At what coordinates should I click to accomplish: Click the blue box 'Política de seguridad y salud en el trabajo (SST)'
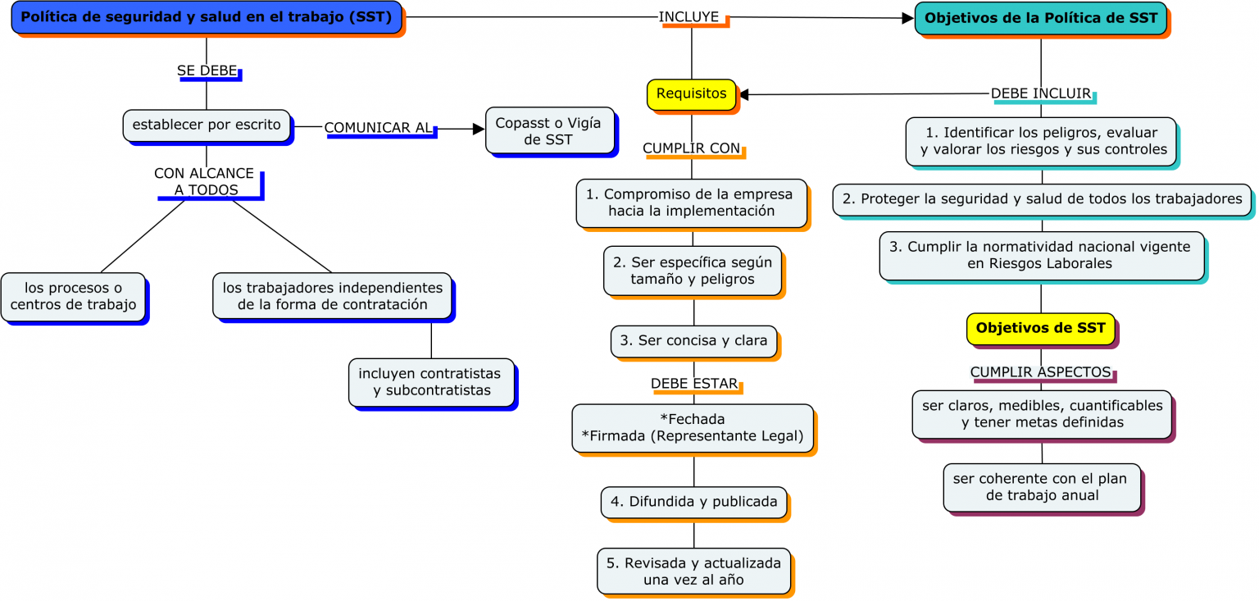pyautogui.click(x=207, y=17)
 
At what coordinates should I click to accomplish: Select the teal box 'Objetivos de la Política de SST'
pyautogui.click(x=1040, y=18)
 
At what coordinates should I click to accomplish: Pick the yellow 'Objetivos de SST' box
pyautogui.click(x=1040, y=328)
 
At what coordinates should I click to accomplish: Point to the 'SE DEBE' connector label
pyautogui.click(x=207, y=71)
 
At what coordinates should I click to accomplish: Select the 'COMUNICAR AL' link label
pyautogui.click(x=378, y=128)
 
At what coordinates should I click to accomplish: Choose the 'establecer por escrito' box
pyautogui.click(x=207, y=125)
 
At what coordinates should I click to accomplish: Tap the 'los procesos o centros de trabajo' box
pyautogui.click(x=73, y=296)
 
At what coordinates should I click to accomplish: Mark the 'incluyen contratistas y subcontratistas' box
pyautogui.click(x=431, y=381)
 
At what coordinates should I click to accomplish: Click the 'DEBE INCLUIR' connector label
pyautogui.click(x=1041, y=94)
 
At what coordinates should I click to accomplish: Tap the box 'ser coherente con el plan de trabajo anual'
pyautogui.click(x=1042, y=487)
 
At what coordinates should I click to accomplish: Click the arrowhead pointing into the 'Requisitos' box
pyautogui.click(x=744, y=95)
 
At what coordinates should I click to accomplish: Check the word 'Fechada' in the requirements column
pyautogui.click(x=692, y=419)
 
